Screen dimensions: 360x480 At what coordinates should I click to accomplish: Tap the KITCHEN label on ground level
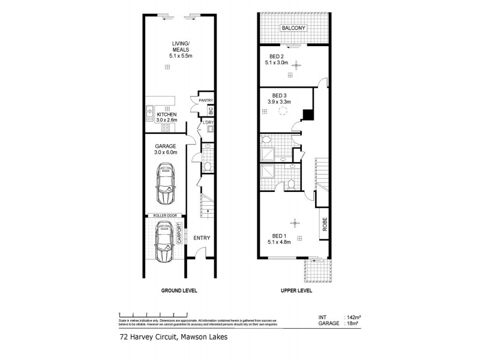click(166, 114)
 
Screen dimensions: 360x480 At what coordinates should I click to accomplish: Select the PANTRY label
click(206, 101)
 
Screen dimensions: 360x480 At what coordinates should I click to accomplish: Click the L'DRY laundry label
click(208, 123)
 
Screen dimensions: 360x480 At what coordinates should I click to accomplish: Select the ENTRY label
click(202, 238)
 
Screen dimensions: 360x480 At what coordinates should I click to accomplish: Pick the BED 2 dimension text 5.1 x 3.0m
click(278, 62)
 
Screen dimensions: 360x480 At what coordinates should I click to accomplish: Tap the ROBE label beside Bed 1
click(325, 224)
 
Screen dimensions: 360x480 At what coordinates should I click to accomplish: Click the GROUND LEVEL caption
click(179, 290)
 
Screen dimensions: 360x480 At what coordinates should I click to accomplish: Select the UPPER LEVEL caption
click(296, 290)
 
